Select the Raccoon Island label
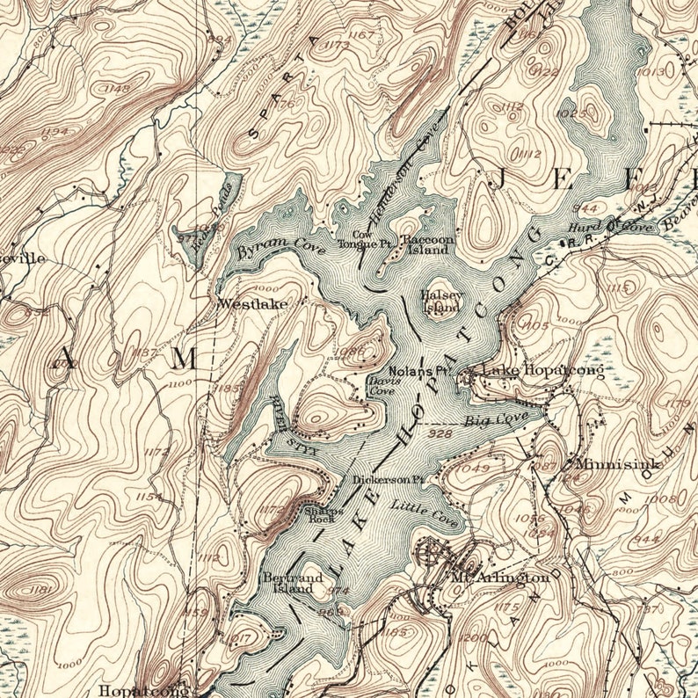pos(427,244)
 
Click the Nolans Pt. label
pos(406,370)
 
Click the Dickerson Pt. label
pos(389,481)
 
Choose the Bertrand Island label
pos(293,583)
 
